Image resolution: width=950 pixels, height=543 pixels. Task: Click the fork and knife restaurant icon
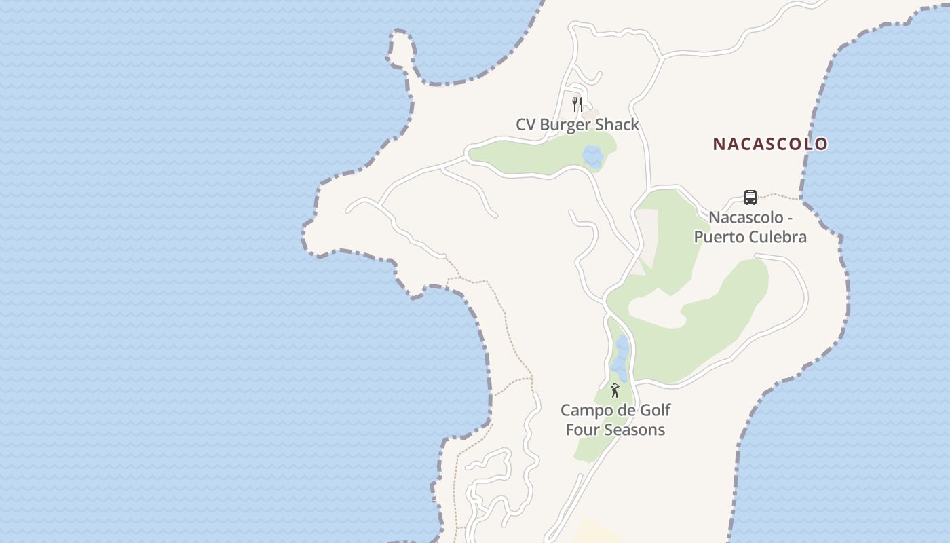[577, 104]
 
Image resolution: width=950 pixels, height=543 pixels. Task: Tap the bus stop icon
[750, 198]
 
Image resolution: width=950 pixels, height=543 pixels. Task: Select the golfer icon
[615, 390]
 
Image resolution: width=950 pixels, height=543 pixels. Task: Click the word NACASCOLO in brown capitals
[770, 144]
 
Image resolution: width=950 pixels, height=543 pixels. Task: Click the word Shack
[617, 125]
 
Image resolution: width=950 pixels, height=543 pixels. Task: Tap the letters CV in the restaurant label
[526, 125]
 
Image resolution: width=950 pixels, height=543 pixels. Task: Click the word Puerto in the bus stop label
[715, 237]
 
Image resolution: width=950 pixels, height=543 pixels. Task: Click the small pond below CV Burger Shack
[593, 157]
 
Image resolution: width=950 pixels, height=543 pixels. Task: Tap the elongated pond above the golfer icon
[621, 357]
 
